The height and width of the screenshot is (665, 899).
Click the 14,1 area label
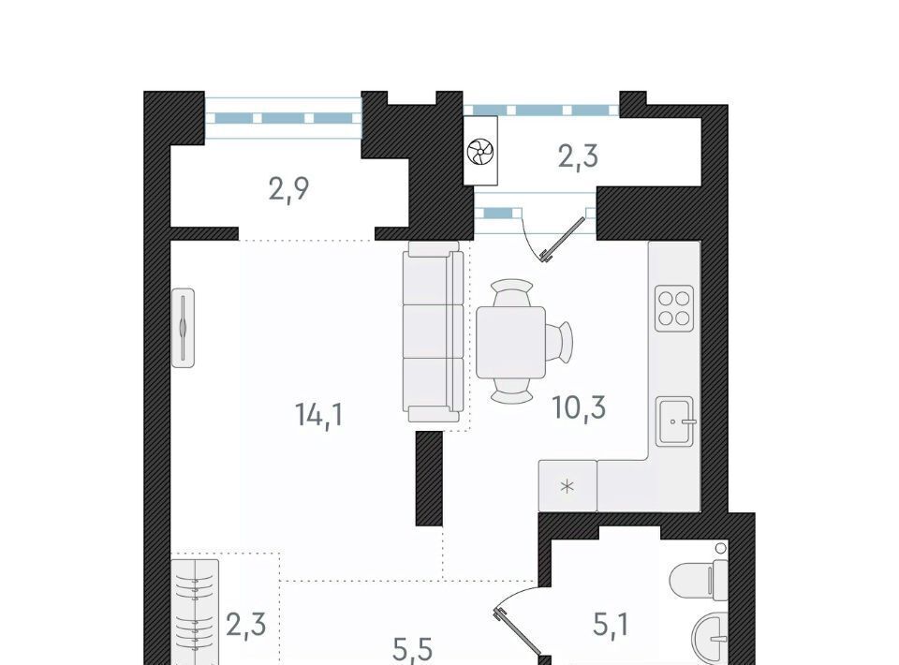point(319,415)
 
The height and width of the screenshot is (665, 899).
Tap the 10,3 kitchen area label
point(579,407)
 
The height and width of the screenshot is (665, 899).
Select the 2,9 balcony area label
point(289,188)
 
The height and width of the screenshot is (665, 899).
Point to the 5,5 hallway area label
point(413,650)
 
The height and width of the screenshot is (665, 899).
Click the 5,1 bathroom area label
point(611,625)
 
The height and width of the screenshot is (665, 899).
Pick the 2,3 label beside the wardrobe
point(246,625)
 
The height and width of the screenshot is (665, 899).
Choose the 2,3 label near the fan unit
point(579,155)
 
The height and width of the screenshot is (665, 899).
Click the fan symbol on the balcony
point(479,152)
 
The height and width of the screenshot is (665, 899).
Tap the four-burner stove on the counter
point(675,308)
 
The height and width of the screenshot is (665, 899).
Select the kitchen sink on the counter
point(676,421)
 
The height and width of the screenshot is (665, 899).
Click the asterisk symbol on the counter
point(567,487)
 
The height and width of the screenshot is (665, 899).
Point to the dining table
point(510,342)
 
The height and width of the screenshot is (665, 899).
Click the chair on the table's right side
point(559,342)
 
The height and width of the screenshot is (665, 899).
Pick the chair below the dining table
point(512,391)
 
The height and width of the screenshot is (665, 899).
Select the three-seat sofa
point(433,332)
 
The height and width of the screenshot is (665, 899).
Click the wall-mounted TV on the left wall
point(183,328)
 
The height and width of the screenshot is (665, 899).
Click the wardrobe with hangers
point(195,613)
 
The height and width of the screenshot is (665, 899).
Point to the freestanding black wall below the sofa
point(429,479)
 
